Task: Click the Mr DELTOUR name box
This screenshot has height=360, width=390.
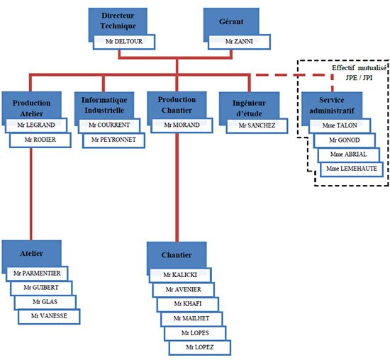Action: (124, 42)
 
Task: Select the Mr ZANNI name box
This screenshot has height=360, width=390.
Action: (239, 42)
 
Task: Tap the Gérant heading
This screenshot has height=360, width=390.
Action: (231, 22)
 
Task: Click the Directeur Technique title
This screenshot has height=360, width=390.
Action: (118, 21)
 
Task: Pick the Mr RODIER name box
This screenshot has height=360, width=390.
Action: (40, 140)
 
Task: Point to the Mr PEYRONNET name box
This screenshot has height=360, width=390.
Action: (113, 140)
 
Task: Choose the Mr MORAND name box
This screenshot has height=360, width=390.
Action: (182, 125)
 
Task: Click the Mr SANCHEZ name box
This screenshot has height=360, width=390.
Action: (257, 126)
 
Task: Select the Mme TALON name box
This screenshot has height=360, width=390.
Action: (340, 125)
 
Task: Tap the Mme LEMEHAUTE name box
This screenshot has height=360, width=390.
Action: (352, 169)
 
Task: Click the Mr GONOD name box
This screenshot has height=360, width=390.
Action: (345, 140)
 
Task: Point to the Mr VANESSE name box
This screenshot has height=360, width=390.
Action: (49, 317)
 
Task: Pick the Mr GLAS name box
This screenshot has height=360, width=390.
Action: (45, 303)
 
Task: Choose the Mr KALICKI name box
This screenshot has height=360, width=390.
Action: (180, 275)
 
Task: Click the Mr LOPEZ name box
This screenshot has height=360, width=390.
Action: (200, 347)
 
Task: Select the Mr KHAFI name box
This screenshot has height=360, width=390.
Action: (188, 304)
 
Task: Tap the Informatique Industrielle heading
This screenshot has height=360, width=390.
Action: (104, 105)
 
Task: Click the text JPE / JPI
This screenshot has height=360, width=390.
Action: (359, 78)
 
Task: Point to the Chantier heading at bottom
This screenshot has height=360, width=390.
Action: (177, 255)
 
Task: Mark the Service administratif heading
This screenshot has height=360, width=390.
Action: (332, 106)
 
